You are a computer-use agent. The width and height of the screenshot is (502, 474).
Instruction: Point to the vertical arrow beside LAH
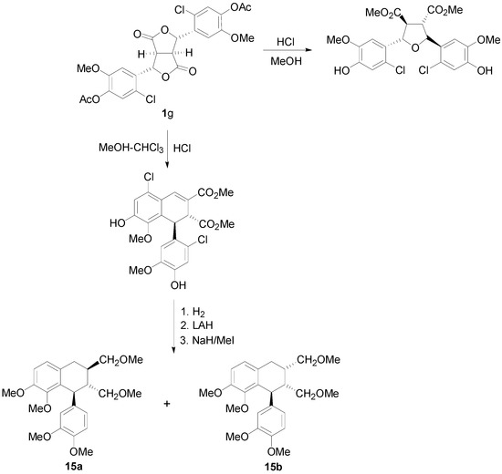click(173, 328)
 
